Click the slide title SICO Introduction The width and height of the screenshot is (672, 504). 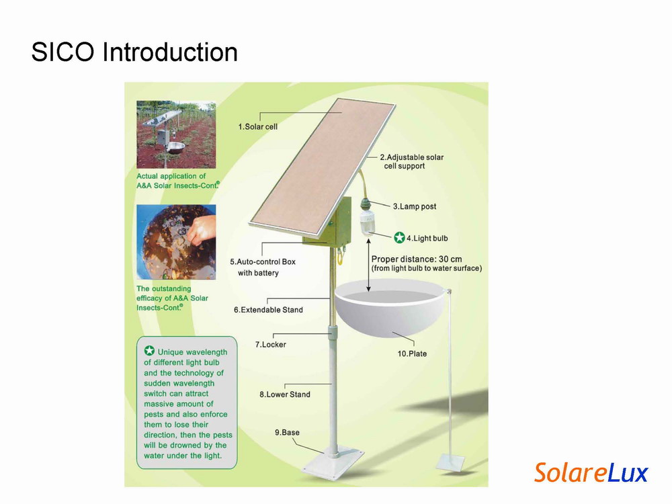pos(134,52)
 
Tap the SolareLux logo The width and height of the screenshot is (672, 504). pos(591,472)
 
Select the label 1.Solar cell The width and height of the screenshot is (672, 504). pos(257,127)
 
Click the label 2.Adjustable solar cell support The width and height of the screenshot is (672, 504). pos(412,161)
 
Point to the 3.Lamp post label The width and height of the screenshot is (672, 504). pos(415,206)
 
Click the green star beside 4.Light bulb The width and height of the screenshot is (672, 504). pos(399,237)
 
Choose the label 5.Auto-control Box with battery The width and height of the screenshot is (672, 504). pos(263,267)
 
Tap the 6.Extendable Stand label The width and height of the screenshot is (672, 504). pos(268,310)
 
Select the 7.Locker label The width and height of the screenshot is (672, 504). pos(270,345)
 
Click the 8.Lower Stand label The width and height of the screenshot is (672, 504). pos(284,394)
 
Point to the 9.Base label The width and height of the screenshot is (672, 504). pos(287,432)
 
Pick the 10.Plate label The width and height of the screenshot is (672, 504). pos(412,354)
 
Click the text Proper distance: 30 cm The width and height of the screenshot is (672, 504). pos(417,259)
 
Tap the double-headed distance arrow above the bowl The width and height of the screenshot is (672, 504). pos(368,265)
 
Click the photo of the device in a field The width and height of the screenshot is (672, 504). pos(176,134)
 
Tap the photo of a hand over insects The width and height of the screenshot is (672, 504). pos(176,242)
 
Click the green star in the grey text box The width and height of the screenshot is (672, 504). pos(149,351)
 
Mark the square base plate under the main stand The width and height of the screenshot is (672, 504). pos(333,462)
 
